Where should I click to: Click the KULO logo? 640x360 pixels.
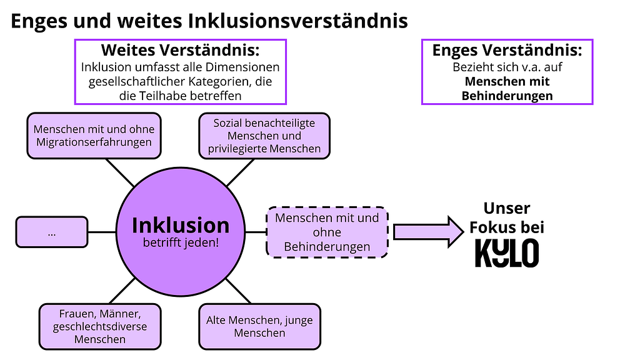(x=506, y=253)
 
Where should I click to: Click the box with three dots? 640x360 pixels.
(x=52, y=232)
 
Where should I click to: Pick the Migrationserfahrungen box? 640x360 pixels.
(x=94, y=136)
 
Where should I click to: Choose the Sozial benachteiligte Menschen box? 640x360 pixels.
(x=265, y=136)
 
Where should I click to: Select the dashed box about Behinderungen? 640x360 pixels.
(x=327, y=232)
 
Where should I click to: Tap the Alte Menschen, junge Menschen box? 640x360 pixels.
(x=259, y=326)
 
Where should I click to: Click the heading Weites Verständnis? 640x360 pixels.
(x=180, y=49)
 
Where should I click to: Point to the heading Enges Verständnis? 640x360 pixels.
(x=507, y=51)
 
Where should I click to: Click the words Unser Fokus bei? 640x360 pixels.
(x=507, y=217)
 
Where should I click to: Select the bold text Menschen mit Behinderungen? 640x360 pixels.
(x=507, y=89)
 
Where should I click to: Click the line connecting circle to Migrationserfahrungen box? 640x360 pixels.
(x=119, y=172)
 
